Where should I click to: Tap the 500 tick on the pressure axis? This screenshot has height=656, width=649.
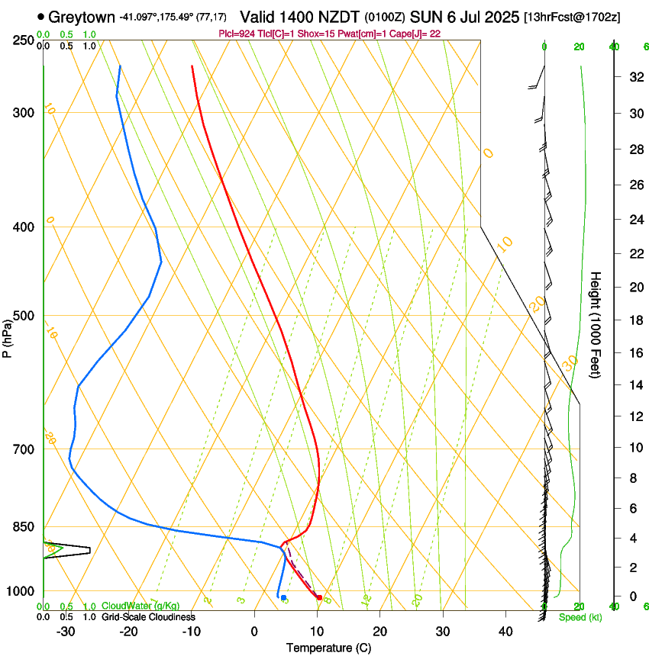[x=25, y=316]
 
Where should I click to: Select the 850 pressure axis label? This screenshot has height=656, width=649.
[x=25, y=526]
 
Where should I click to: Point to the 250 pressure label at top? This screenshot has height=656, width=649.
[x=25, y=40]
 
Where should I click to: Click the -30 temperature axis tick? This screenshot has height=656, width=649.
[x=66, y=631]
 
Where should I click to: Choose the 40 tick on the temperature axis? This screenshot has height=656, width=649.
[x=505, y=631]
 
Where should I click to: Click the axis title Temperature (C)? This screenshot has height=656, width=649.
[x=328, y=648]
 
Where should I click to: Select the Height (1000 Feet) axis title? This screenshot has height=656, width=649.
[x=596, y=324]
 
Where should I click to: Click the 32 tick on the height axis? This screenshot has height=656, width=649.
[x=634, y=76]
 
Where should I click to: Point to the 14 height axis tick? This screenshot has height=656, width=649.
[x=634, y=385]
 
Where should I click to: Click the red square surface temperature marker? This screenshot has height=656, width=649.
[x=319, y=597]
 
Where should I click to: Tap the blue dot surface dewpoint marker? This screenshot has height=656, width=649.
[x=283, y=597]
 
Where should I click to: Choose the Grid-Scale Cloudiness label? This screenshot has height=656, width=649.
[x=147, y=616]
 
